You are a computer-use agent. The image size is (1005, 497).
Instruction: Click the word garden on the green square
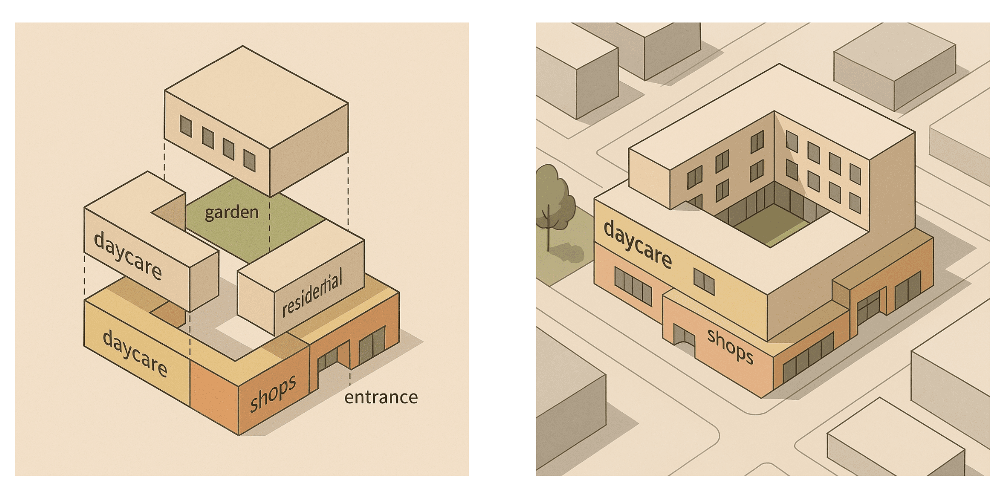[231, 212]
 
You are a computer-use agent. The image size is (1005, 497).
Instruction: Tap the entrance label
[381, 398]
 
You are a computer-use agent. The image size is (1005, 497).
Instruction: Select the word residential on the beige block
[312, 292]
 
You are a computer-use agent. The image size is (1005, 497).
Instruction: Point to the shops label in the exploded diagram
[273, 393]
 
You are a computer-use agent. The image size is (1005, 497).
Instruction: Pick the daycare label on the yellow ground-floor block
[135, 354]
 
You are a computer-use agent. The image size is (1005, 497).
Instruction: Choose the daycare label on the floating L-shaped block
[128, 256]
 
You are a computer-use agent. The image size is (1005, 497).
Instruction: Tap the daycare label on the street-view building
[638, 244]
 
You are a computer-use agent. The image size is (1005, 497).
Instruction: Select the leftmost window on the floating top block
[186, 126]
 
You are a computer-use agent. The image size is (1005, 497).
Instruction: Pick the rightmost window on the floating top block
[250, 161]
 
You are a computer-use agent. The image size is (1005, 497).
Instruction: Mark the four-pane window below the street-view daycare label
[633, 286]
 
